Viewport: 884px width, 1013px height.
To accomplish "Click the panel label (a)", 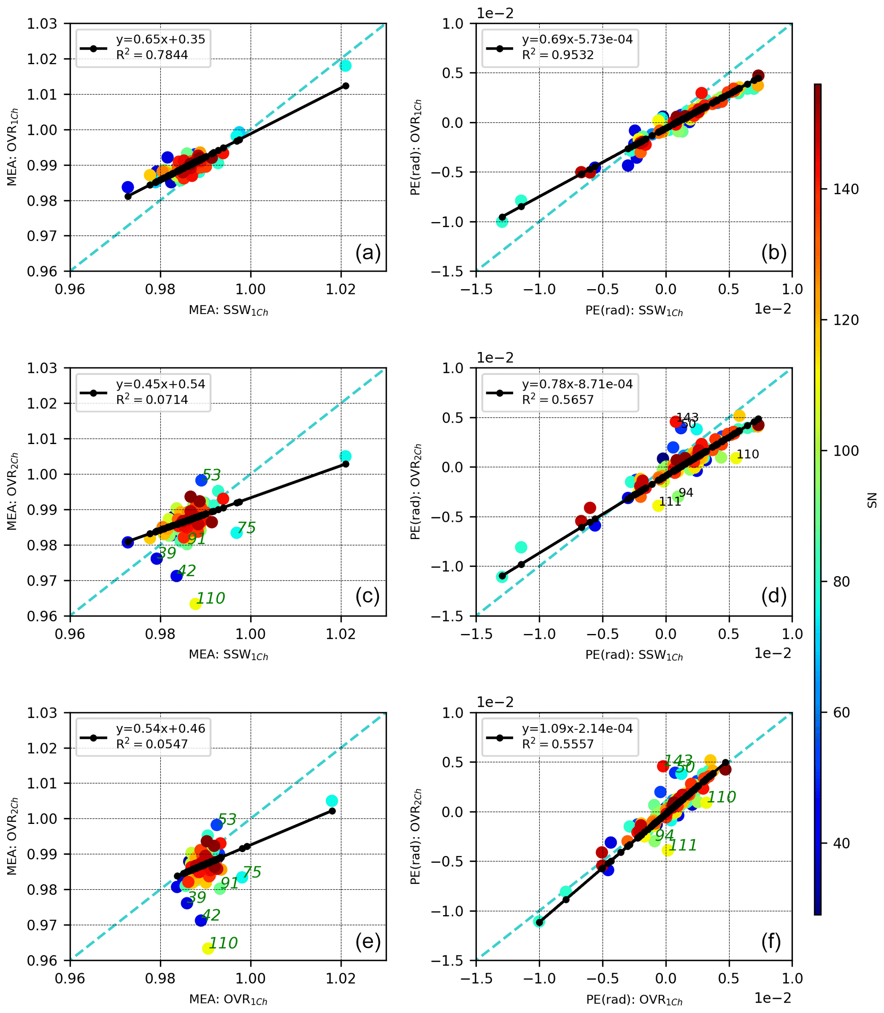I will coord(368,253).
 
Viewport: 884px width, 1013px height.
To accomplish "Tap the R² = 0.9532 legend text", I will coord(558,55).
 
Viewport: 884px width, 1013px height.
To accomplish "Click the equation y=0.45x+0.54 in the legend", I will coord(160,384).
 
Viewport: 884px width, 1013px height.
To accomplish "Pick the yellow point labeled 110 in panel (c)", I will coord(195,604).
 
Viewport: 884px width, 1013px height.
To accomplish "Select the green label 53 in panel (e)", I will coord(227,820).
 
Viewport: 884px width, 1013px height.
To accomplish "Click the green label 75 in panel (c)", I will coord(246,528).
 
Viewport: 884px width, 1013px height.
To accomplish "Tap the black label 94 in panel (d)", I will coord(686,493).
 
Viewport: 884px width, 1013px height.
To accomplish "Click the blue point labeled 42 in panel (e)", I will coord(201,920).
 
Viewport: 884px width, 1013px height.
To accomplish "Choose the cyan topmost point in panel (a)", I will coord(345,65).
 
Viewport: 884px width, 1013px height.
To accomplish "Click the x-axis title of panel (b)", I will coord(634,311).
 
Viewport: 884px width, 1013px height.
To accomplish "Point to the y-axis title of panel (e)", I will coord(12,837).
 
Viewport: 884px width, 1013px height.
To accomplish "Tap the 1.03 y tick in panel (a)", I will coord(42,24).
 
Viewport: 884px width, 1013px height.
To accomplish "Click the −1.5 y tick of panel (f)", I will coord(447,961).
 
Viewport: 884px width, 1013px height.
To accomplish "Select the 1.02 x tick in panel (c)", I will coord(340,634).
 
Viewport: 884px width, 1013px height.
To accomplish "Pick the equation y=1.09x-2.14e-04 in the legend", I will coord(577,728).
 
